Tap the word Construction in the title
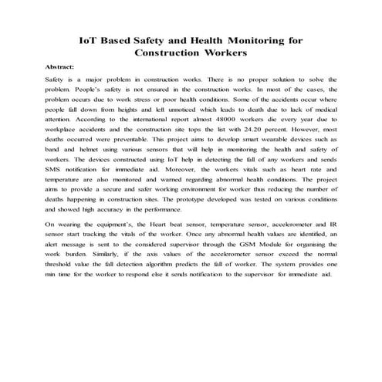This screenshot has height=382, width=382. (164, 53)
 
